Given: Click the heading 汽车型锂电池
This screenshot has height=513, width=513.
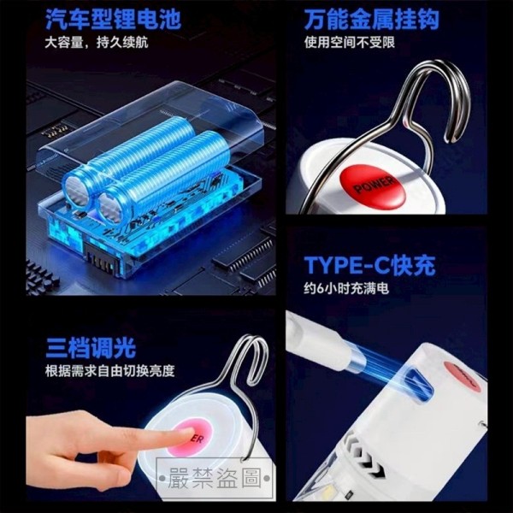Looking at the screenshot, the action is coord(113,20).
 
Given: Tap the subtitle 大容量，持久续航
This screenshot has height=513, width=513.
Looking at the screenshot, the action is coord(97,43).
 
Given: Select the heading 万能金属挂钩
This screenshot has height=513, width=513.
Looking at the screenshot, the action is coord(371,20).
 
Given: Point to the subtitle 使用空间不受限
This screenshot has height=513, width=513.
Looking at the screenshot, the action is coord(350,43).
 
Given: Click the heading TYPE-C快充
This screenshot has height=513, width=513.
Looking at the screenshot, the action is coord(369,265).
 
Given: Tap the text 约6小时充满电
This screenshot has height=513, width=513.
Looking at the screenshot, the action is coord(346,289).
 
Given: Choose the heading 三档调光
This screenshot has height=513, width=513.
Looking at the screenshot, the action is coord(91,348).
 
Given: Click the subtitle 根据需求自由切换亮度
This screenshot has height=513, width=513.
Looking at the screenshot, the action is coord(110,371).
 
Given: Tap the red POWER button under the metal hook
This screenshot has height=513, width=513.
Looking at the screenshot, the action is coord(373,186).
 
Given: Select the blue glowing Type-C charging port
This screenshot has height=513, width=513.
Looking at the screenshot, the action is coord(418,384).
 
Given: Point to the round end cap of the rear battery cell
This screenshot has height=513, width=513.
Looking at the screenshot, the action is coord(77,191).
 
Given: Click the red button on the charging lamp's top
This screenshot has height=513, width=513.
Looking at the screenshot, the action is coord(462,376).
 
